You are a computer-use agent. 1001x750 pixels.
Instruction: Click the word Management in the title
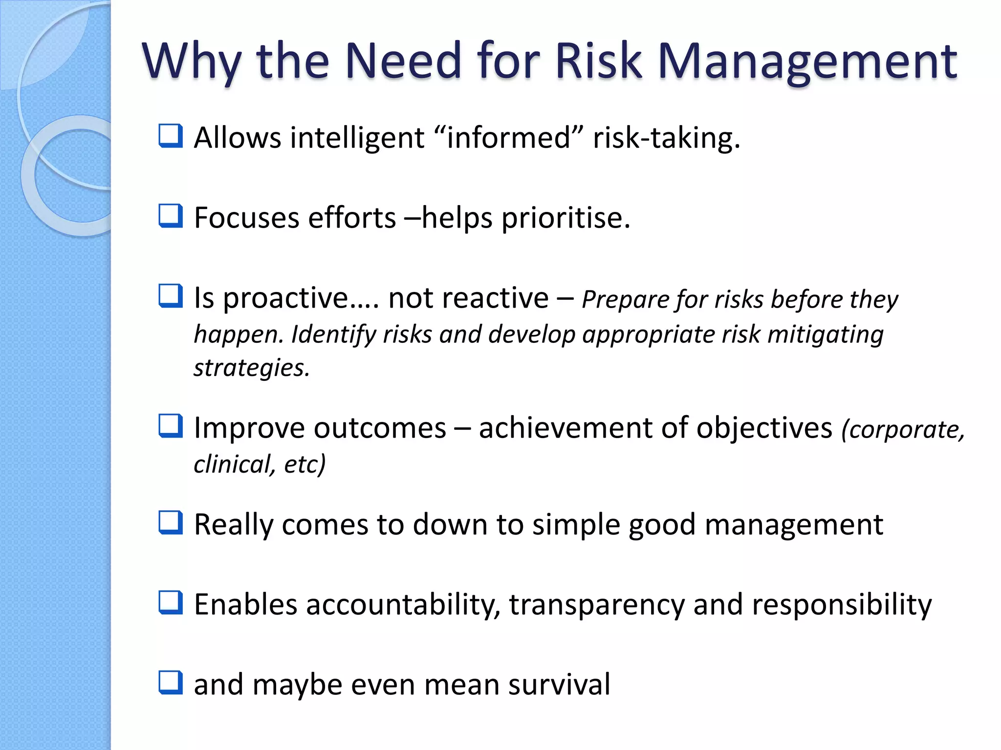coord(807,62)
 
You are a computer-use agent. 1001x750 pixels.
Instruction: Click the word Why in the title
coord(191,62)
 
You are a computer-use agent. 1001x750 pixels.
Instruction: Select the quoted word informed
coord(508,138)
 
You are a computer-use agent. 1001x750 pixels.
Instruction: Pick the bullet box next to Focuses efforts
coord(171,216)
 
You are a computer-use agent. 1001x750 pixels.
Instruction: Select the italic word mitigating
coord(826,335)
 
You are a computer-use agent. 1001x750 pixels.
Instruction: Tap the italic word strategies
coord(252,368)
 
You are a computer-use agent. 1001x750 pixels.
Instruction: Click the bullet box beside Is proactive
coord(171,296)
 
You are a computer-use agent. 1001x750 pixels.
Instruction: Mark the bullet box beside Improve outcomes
coord(171,426)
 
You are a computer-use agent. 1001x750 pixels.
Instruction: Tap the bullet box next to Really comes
coord(171,522)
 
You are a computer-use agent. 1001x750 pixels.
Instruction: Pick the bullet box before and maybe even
coord(171,683)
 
